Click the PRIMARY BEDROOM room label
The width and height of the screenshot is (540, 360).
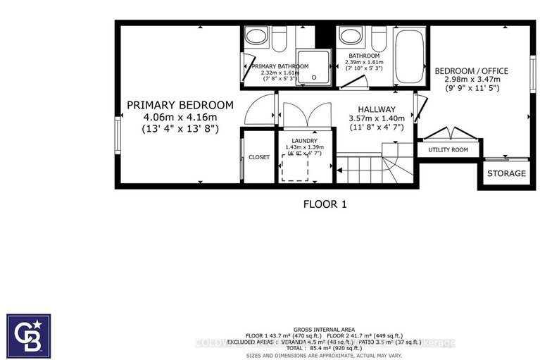[x=172, y=105]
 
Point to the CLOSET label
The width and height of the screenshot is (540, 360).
[x=259, y=157]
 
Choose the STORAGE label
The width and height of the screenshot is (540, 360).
[x=506, y=173]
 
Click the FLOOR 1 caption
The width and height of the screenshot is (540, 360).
[x=325, y=204]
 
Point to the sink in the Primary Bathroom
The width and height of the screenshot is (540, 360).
[x=254, y=37]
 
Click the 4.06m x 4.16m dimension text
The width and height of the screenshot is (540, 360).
[x=172, y=117]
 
